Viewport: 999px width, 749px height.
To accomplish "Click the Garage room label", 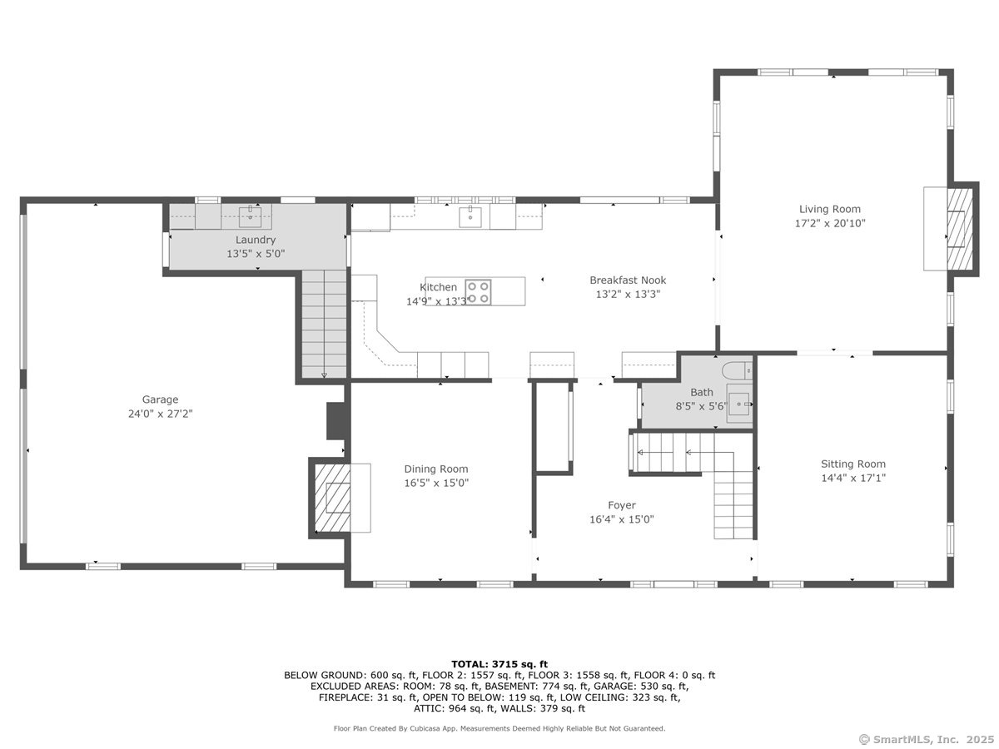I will pyautogui.click(x=160, y=399).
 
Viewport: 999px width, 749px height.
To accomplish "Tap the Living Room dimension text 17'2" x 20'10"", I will pyautogui.click(x=830, y=223).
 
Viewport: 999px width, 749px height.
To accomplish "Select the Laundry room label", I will pyautogui.click(x=255, y=240).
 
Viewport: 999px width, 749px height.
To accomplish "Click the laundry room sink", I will pyautogui.click(x=250, y=217).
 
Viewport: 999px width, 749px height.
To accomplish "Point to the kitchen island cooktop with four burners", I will pyautogui.click(x=478, y=291).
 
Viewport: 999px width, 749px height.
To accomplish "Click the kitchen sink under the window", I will pyautogui.click(x=470, y=216).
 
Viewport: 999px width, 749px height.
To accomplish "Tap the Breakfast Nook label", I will pyautogui.click(x=628, y=280).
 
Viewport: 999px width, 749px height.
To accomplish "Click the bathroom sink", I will pyautogui.click(x=739, y=404).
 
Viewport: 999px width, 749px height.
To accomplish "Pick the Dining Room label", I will pyautogui.click(x=436, y=469).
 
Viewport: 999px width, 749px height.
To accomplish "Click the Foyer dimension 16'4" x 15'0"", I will pyautogui.click(x=621, y=519).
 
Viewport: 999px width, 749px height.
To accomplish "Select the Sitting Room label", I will pyautogui.click(x=853, y=464).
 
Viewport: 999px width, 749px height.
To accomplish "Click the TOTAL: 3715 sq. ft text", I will pyautogui.click(x=499, y=663).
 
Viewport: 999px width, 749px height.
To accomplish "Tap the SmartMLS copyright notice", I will pyautogui.click(x=925, y=738).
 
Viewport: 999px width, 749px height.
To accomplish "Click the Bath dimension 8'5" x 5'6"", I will pyautogui.click(x=701, y=406).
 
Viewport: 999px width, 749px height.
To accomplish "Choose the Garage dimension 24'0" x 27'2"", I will pyautogui.click(x=160, y=413).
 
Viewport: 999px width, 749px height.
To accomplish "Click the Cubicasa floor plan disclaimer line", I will pyautogui.click(x=499, y=728).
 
